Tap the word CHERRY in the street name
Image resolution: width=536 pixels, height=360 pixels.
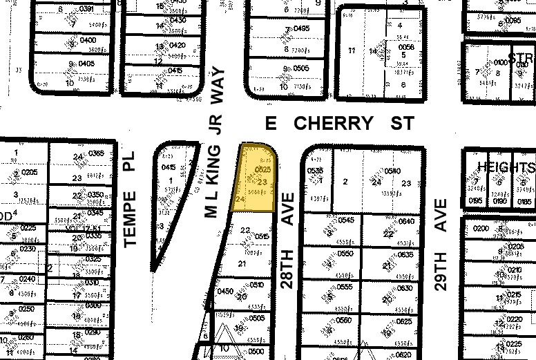pos(334,124)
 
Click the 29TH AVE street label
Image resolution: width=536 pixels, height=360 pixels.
pos(442,244)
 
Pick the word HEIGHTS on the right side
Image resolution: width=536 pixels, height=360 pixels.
pos(506,168)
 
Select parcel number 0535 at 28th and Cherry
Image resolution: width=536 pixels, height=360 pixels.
pos(315,170)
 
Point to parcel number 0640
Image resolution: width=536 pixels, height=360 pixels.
pos(406,221)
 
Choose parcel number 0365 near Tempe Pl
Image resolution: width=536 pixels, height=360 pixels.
pos(96,153)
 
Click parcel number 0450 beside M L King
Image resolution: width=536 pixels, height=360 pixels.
pos(225,292)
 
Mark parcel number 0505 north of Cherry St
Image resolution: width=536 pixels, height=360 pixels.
pos(300,68)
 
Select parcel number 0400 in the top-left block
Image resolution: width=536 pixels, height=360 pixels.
pos(87,41)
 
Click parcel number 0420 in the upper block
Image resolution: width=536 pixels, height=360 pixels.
pos(177,46)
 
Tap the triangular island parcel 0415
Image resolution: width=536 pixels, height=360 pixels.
pos(169,167)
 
